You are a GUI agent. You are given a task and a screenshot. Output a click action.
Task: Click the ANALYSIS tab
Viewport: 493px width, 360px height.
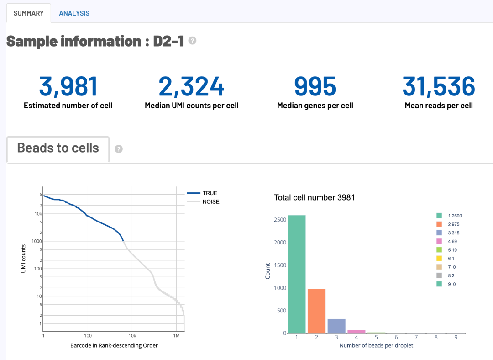(74, 13)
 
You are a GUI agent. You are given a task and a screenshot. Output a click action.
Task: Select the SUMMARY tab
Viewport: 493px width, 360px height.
(28, 13)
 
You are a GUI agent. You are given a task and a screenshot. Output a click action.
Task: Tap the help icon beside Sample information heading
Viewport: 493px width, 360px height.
(193, 41)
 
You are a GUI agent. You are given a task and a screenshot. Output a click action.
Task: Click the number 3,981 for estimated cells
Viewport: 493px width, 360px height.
(68, 86)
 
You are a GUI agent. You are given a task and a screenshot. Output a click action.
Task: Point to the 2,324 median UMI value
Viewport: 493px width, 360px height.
(192, 86)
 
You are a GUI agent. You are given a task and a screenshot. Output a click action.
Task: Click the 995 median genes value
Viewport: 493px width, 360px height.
(315, 86)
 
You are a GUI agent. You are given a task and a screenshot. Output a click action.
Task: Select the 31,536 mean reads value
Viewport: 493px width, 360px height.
(439, 86)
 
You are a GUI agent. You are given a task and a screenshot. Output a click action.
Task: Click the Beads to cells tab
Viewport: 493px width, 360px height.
(58, 148)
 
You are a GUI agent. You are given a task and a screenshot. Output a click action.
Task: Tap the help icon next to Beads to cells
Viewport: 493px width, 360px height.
(119, 149)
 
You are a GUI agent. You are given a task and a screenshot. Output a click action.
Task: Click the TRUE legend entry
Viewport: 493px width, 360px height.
(210, 193)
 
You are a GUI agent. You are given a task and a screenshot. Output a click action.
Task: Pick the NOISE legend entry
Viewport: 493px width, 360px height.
(210, 202)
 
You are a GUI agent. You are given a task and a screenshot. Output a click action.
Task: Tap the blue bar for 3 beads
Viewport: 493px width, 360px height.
(336, 326)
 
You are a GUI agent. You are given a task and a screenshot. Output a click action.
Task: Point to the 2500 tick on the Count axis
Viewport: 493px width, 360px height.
(280, 220)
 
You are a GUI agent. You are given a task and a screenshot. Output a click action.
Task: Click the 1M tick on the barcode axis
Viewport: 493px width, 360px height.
(177, 336)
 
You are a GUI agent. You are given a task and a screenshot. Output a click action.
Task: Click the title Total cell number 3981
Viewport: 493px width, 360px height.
(314, 198)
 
